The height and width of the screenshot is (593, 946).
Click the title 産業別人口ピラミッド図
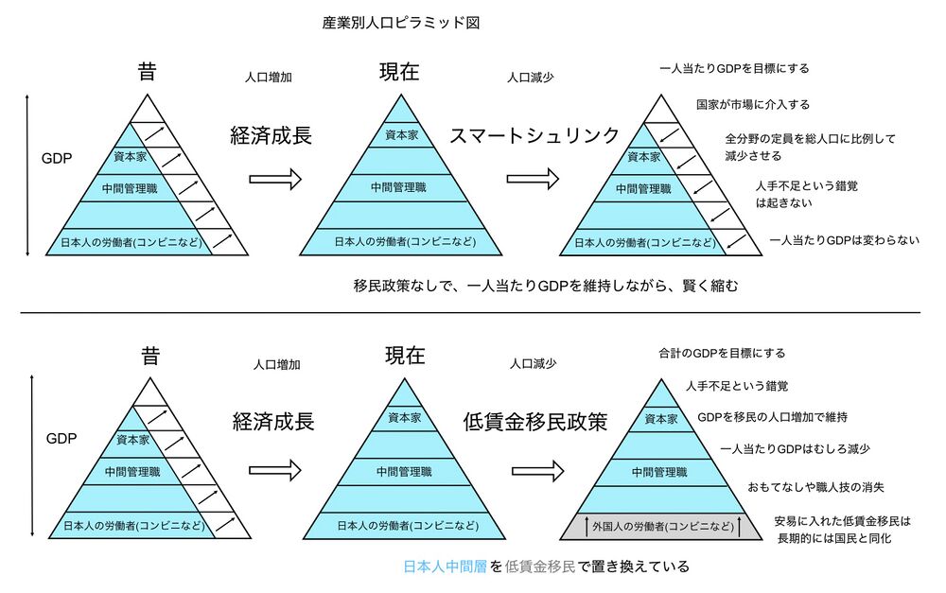401,22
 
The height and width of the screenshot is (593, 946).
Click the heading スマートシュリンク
534,134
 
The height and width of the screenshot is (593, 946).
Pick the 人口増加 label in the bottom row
277,364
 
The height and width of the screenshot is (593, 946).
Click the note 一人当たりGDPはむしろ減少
795,448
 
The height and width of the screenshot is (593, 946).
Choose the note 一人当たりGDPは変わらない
844,240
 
